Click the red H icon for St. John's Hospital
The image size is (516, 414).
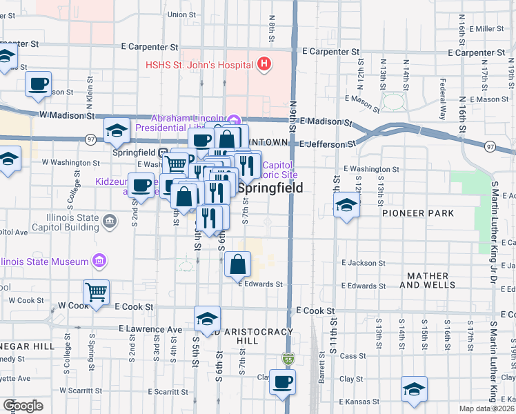263,66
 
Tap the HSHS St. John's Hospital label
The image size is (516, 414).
199,66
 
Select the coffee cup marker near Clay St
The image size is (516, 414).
281,382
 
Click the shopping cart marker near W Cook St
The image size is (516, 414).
96,292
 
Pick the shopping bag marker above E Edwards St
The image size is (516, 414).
237,264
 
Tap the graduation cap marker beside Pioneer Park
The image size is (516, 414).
346,205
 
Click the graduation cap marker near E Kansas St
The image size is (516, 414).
414,389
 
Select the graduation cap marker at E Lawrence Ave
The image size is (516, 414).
207,319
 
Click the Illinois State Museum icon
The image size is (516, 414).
99,261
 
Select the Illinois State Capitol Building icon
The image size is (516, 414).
109,221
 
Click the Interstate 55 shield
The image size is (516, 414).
288,359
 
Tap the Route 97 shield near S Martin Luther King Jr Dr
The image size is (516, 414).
490,146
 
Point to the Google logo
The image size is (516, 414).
23,406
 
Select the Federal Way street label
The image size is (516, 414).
443,88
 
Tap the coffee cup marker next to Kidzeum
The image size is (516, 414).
141,186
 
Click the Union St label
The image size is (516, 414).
181,14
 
